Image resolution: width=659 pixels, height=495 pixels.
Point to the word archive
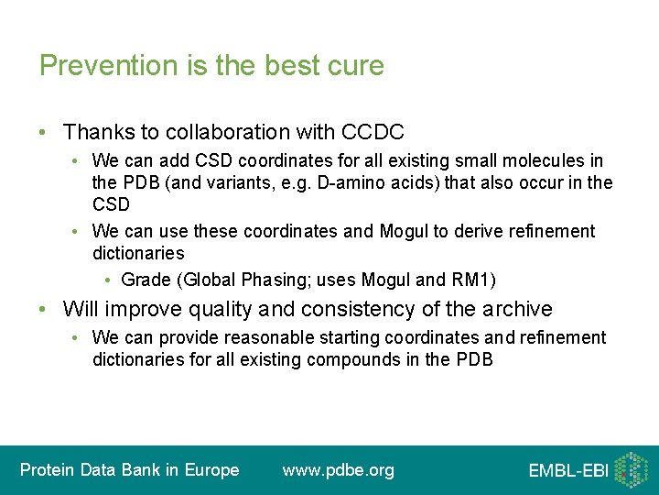tap(511, 309)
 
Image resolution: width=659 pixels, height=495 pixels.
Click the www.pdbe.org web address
tap(338, 470)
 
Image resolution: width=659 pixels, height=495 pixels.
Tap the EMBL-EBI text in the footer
tap(567, 471)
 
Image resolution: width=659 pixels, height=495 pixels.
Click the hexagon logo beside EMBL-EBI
tap(631, 469)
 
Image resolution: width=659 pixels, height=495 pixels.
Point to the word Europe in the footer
tap(211, 470)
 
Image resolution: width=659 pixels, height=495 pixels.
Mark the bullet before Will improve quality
tap(44, 309)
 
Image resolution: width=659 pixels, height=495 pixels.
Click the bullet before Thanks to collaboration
tap(44, 133)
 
